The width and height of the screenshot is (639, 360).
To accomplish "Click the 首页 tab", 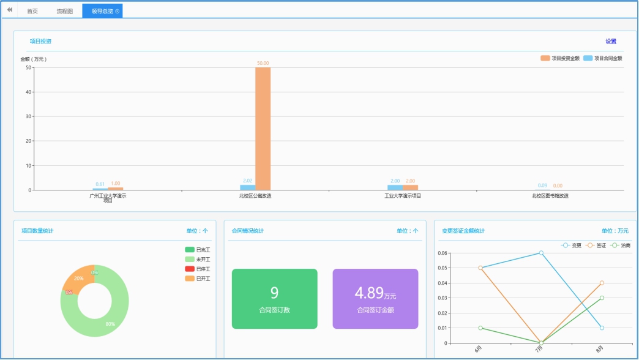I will (x=32, y=11).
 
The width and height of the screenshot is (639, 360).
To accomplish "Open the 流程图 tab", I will (x=64, y=11).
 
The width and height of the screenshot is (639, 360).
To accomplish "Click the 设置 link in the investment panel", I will (x=611, y=42).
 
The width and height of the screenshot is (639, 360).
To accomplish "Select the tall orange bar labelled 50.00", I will (x=263, y=129).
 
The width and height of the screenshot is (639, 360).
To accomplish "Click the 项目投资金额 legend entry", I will (x=560, y=58).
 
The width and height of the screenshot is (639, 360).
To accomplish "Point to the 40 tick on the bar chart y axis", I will (x=29, y=92).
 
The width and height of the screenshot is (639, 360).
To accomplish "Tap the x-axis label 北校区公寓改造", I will (x=255, y=196).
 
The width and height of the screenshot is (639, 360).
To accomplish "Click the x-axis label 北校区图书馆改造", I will (x=550, y=196).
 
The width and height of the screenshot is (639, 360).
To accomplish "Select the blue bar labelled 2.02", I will (x=247, y=187).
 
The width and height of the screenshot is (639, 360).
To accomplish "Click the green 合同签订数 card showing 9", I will (x=275, y=299).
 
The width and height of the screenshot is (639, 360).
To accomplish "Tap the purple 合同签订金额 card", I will (x=375, y=299).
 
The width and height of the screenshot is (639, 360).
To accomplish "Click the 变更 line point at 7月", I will (x=541, y=253).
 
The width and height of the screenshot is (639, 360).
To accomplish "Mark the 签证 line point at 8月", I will (x=602, y=283).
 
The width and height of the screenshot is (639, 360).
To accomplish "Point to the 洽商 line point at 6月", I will (x=480, y=328).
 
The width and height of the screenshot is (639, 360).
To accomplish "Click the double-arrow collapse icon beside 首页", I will (x=9, y=10).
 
